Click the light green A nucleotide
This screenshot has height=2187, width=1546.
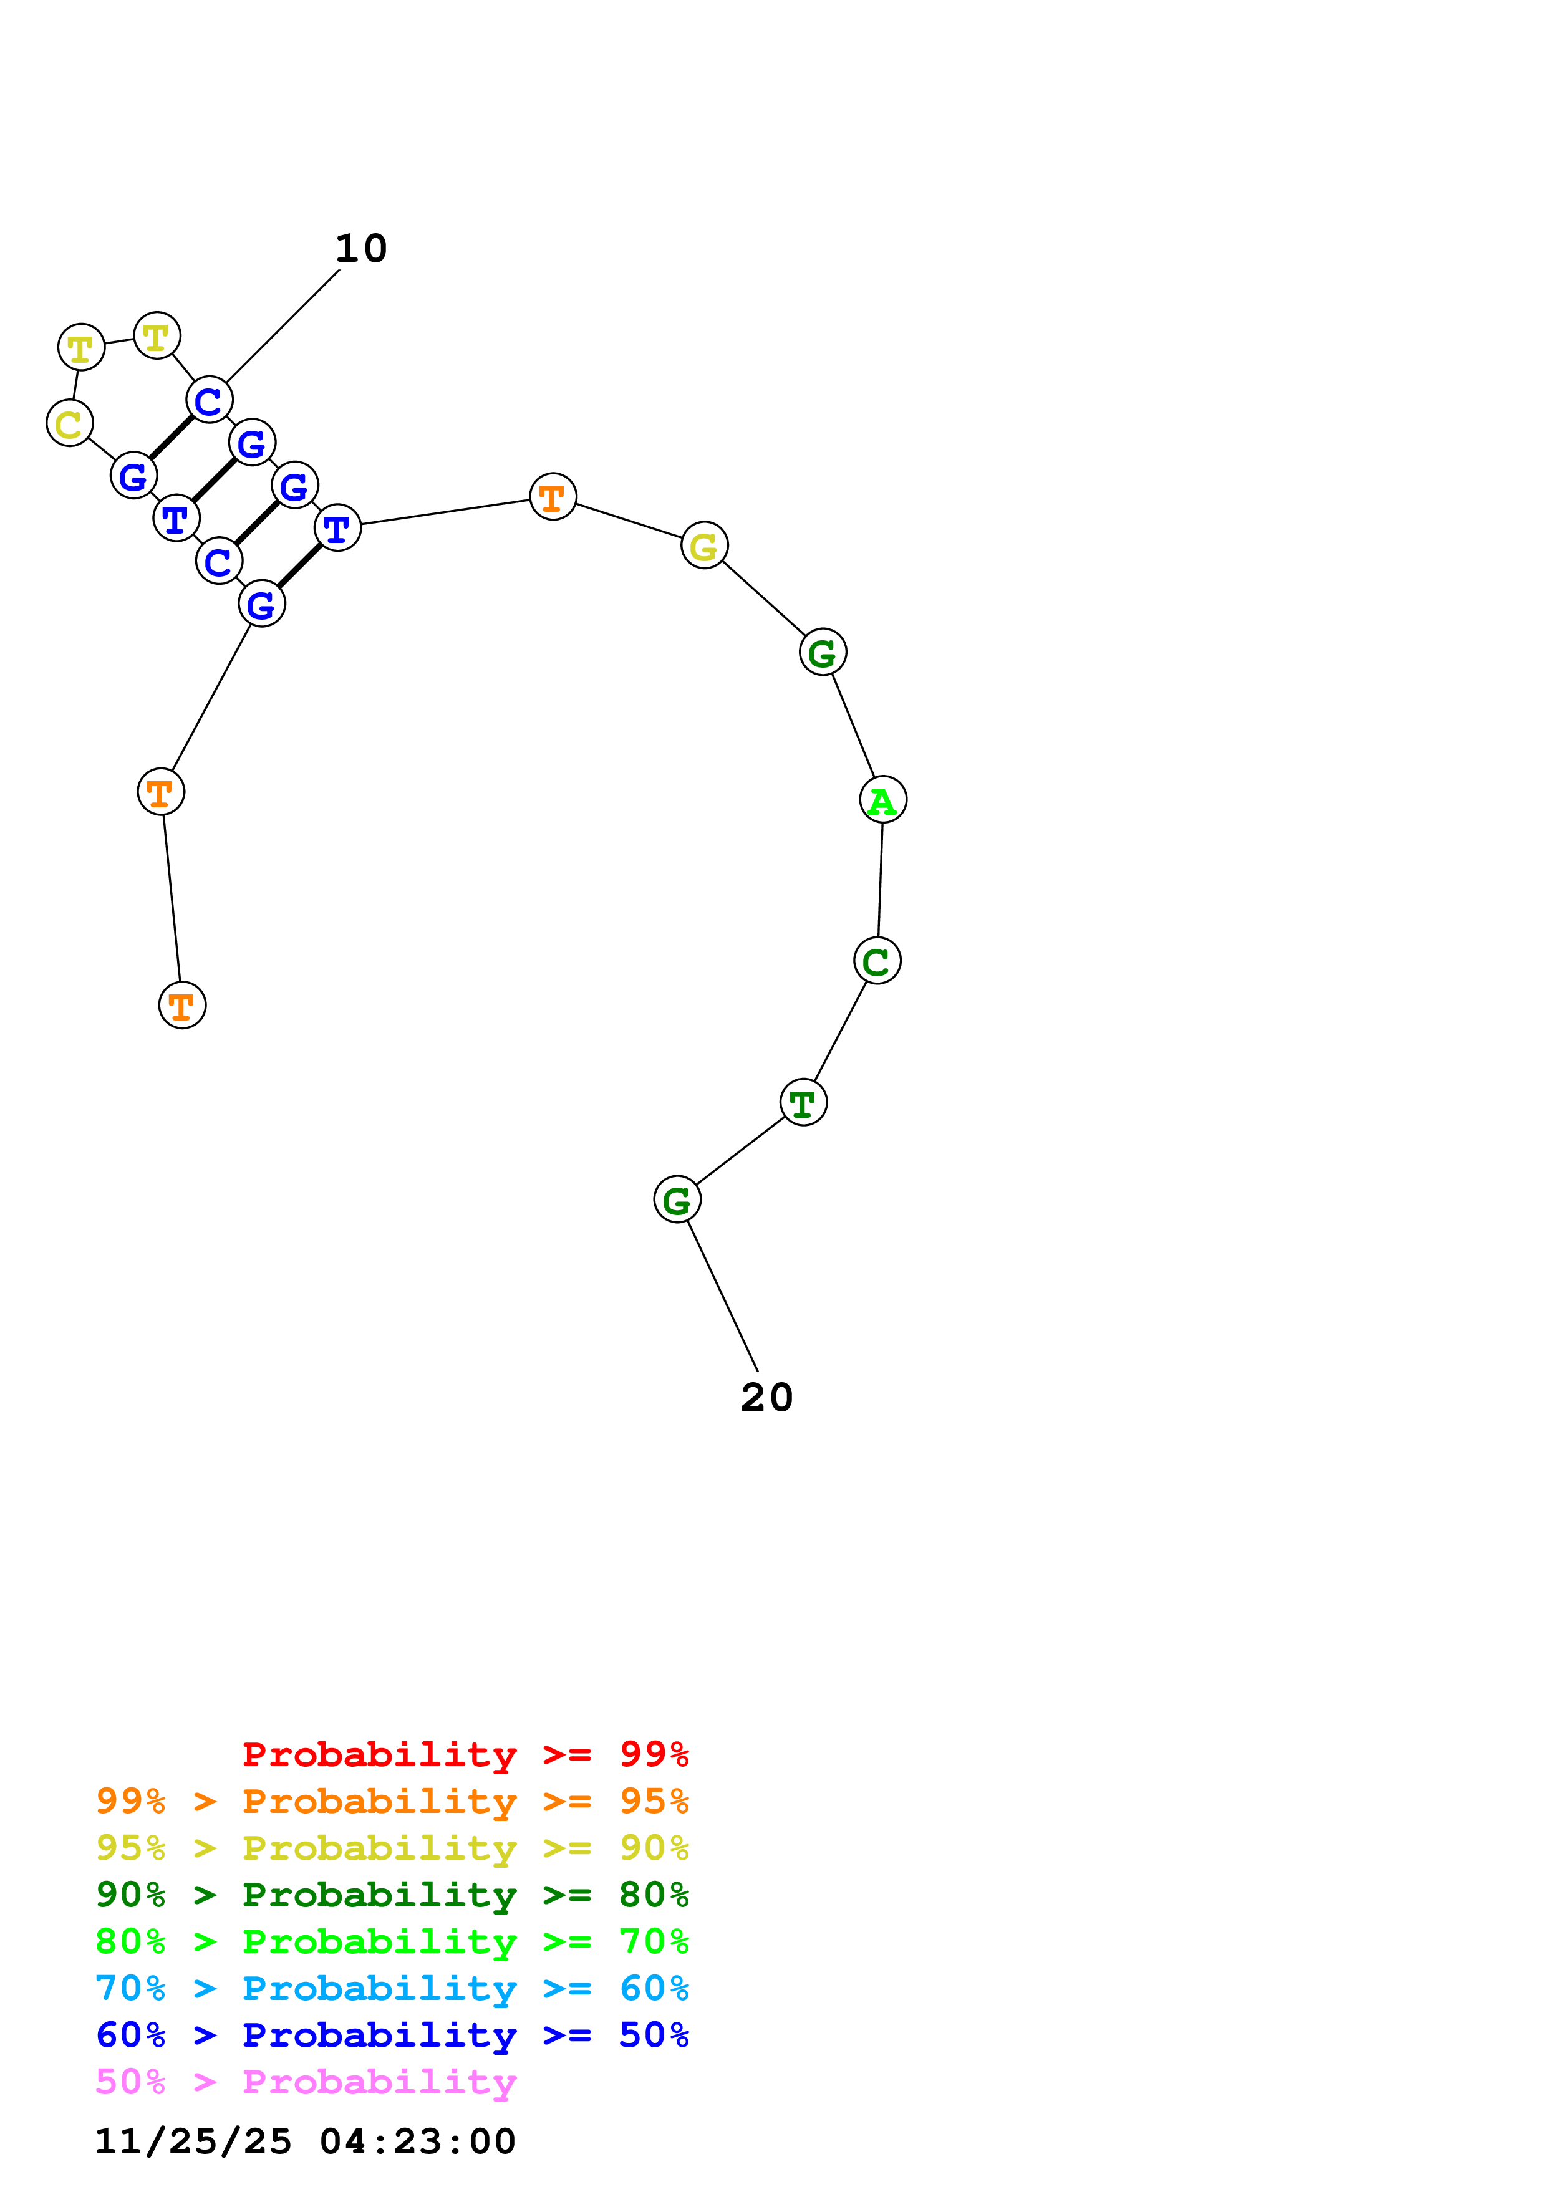click(883, 799)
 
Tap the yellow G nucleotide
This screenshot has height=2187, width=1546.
click(704, 546)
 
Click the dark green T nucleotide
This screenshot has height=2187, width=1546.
click(803, 1102)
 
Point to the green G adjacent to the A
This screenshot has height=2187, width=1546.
click(823, 653)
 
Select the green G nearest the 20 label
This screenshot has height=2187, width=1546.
click(677, 1199)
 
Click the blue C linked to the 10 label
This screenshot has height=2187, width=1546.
click(210, 400)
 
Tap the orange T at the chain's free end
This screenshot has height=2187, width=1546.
click(182, 1005)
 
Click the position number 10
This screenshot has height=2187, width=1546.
click(361, 249)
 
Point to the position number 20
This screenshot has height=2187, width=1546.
click(767, 1397)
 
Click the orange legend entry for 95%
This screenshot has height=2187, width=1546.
click(392, 1801)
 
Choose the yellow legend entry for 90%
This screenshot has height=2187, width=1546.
click(392, 1848)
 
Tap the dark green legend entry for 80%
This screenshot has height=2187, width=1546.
click(392, 1895)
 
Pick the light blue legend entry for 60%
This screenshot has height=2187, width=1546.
click(392, 1988)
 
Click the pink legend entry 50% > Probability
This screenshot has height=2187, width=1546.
click(306, 2081)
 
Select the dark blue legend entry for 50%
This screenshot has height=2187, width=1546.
click(392, 2035)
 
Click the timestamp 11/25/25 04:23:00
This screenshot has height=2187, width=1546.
click(305, 2141)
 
